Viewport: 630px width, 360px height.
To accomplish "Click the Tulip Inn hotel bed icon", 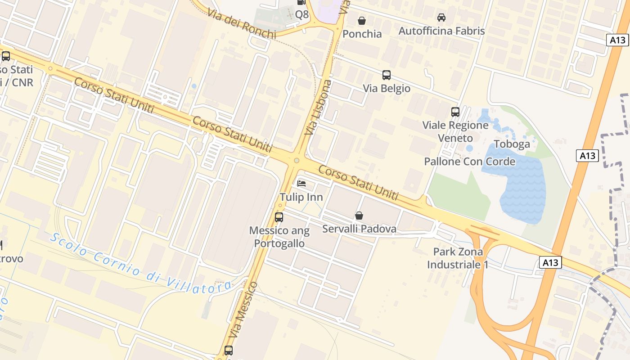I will (301, 183).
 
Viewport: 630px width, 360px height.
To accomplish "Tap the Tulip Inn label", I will (301, 197).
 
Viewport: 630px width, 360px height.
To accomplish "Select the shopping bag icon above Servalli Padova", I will (359, 216).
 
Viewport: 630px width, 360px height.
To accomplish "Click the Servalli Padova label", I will (359, 229).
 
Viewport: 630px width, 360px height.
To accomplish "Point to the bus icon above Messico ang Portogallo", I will (279, 217).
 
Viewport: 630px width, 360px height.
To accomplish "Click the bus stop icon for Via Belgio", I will (386, 75).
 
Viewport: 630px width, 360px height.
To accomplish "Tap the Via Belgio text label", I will (387, 88).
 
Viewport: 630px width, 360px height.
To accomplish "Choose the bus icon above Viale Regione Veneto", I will (455, 112).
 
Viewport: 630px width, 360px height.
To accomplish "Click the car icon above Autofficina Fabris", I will (441, 18).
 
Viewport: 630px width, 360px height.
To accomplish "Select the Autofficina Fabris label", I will (441, 31).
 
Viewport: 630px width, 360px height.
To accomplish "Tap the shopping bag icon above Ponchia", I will (361, 21).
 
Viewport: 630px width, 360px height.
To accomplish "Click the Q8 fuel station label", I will (302, 14).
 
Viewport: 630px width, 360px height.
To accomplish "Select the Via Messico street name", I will (243, 310).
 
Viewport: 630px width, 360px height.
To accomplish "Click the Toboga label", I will (512, 144).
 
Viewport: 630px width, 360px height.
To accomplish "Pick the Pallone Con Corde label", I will (469, 161).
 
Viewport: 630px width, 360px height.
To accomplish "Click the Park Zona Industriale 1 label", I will (458, 258).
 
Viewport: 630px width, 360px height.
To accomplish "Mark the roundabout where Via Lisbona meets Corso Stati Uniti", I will (296, 161).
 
